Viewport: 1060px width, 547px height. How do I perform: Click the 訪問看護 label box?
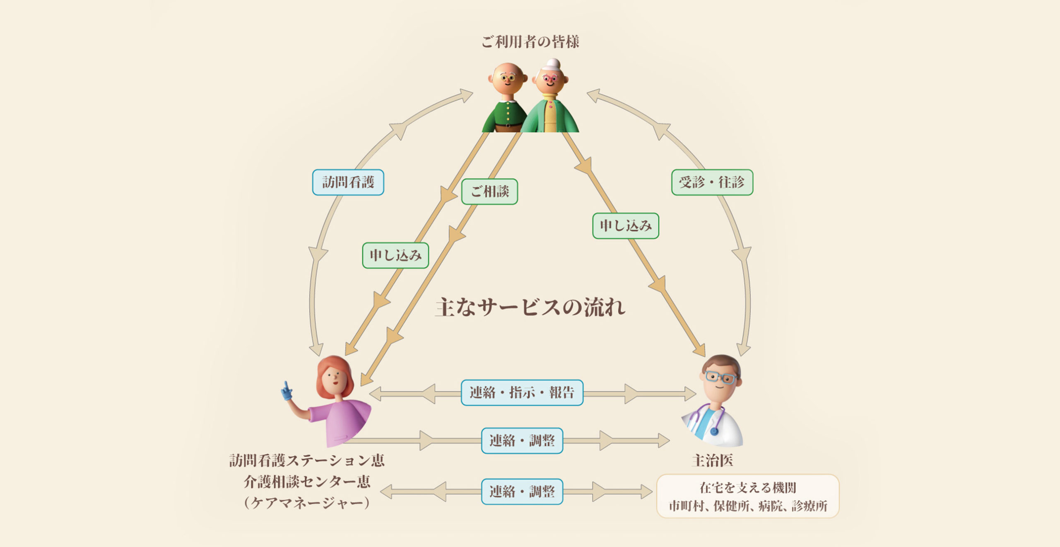click(348, 182)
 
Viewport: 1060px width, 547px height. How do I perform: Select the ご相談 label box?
click(489, 191)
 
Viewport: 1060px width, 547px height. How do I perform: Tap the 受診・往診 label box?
click(712, 182)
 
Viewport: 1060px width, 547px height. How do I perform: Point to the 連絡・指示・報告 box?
click(522, 392)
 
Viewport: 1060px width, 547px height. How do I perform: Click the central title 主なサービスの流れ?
click(530, 307)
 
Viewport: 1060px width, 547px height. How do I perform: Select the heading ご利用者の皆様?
click(530, 41)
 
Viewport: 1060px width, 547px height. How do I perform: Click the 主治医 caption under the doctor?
click(712, 460)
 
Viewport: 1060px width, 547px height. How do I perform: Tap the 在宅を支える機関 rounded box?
click(747, 496)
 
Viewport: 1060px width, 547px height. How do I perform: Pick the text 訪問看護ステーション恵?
click(307, 460)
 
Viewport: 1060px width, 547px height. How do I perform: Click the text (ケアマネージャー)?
click(307, 503)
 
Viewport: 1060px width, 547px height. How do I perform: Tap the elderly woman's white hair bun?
click(553, 64)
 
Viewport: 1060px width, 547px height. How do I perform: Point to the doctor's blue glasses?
click(720, 378)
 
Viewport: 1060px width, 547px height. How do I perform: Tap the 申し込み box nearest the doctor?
click(625, 226)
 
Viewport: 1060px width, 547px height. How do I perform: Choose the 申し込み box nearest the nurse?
click(395, 255)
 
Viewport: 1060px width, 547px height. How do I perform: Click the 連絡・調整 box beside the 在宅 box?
click(522, 491)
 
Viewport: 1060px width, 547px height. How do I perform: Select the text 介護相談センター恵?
click(307, 482)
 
